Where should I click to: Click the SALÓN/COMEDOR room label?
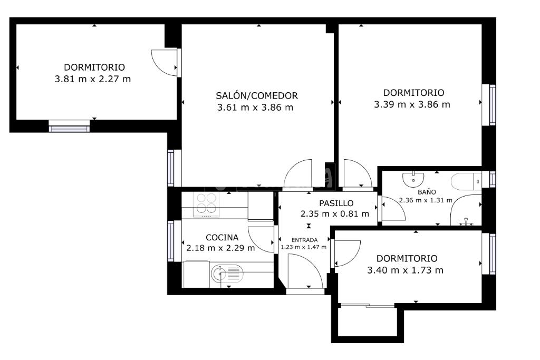coord(257,96)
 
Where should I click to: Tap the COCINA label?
coord(222,238)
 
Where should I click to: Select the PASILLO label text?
coord(336,203)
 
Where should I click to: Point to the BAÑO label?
coord(427,192)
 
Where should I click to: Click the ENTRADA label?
coord(304,240)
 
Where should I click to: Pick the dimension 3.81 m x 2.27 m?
coord(93,79)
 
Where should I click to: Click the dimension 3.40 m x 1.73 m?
coord(406,270)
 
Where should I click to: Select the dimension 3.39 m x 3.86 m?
coord(412,104)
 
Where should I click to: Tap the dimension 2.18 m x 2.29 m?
coord(221,248)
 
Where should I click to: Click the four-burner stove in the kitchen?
coord(206,204)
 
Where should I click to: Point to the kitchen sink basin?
coord(226,274)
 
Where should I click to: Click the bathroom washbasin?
coord(413,178)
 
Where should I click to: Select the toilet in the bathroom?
coord(466,182)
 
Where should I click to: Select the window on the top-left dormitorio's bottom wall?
coord(69,126)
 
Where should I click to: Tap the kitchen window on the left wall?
coord(171,241)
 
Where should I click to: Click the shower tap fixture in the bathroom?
coord(466,222)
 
